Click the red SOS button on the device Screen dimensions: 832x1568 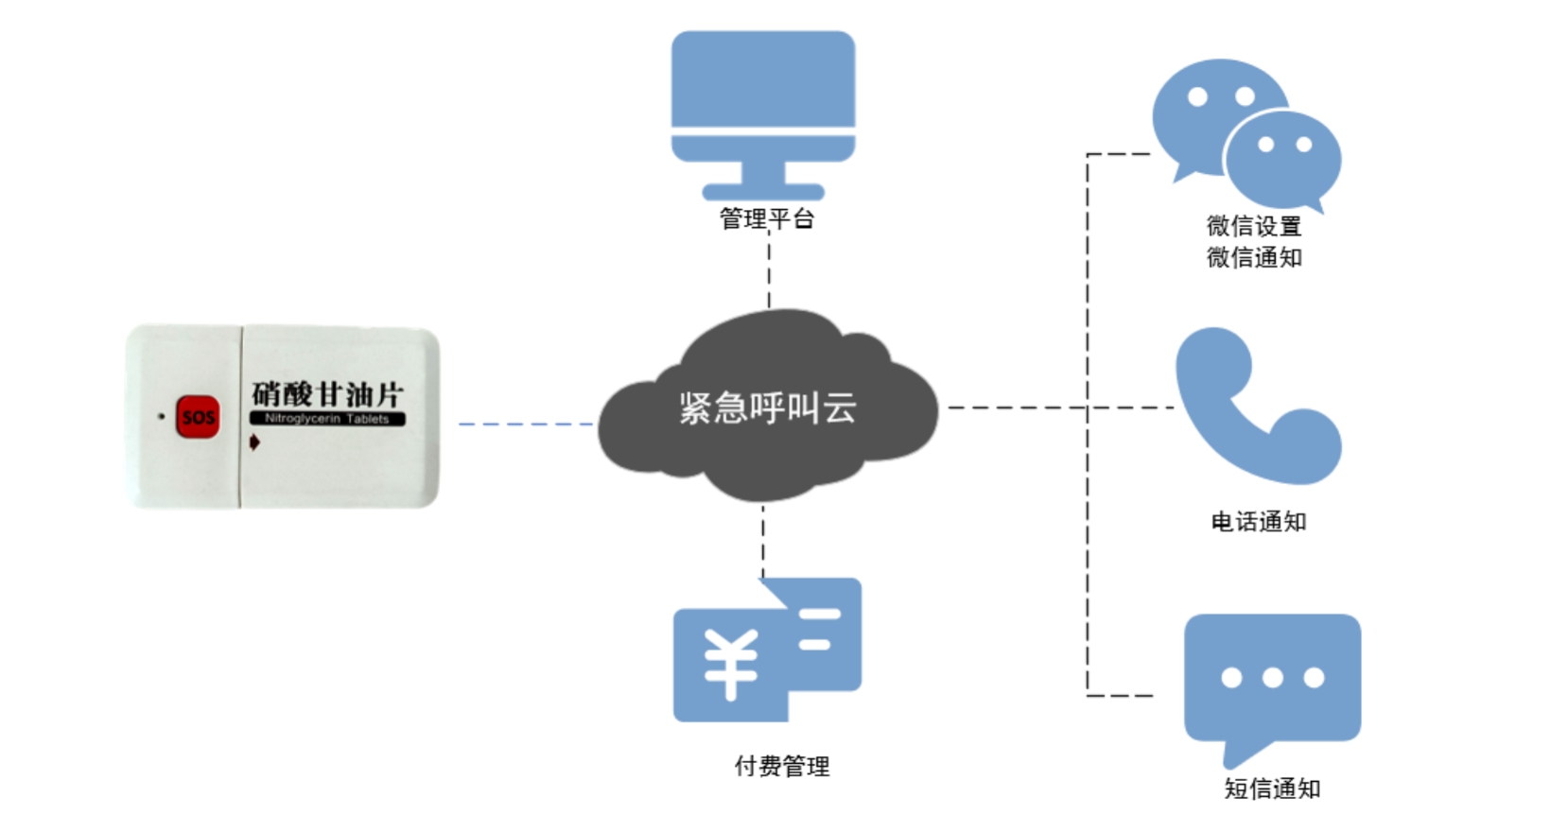coord(198,417)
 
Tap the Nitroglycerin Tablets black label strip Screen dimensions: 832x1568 coord(327,419)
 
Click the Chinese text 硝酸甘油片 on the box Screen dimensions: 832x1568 coord(327,393)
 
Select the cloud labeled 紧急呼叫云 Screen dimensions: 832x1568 coord(767,407)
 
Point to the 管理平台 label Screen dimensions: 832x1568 coord(766,219)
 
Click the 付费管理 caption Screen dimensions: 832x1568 coord(781,766)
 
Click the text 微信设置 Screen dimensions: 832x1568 coord(1254,226)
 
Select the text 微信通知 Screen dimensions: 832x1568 coord(1254,257)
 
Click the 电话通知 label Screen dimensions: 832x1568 coord(1258,522)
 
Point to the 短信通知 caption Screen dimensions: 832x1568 coord(1271,789)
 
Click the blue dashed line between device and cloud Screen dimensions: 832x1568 coord(525,424)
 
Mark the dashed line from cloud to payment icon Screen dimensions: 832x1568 coord(762,541)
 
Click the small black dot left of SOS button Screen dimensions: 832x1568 coord(162,416)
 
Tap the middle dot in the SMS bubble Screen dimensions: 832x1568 coord(1272,677)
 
